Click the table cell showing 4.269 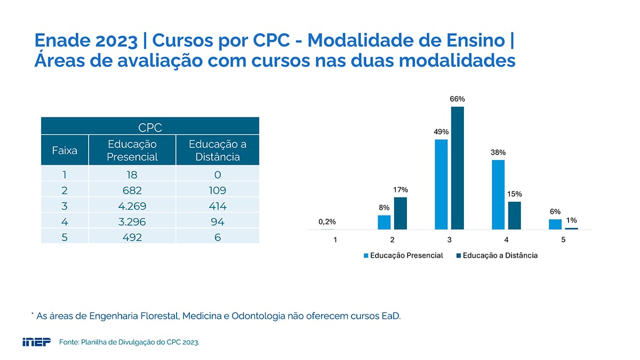pyautogui.click(x=132, y=206)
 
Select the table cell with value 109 pyautogui.click(x=218, y=190)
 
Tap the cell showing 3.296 pyautogui.click(x=132, y=221)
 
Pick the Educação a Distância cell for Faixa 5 pyautogui.click(x=218, y=237)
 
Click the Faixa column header pyautogui.click(x=65, y=150)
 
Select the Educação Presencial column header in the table pyautogui.click(x=132, y=150)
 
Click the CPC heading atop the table pyautogui.click(x=150, y=127)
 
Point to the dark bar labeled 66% pyautogui.click(x=458, y=168)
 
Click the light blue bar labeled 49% pyautogui.click(x=441, y=185)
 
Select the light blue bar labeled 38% pyautogui.click(x=498, y=195)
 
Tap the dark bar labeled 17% pyautogui.click(x=401, y=213)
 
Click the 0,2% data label pyautogui.click(x=327, y=222)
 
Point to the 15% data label pyautogui.click(x=515, y=194)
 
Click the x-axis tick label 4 pyautogui.click(x=506, y=239)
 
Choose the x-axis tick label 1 pyautogui.click(x=335, y=239)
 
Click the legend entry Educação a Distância pyautogui.click(x=497, y=255)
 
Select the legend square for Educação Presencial pyautogui.click(x=366, y=255)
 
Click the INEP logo pyautogui.click(x=37, y=342)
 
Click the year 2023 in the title pyautogui.click(x=116, y=41)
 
